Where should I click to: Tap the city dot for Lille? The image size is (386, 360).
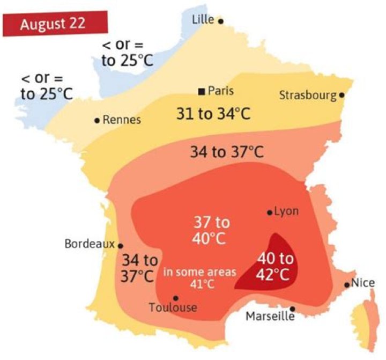click(220, 21)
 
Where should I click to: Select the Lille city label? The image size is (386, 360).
click(203, 20)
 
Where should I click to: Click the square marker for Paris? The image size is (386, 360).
click(201, 91)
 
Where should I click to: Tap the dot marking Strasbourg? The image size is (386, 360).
click(342, 95)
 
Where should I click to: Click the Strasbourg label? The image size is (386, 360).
click(308, 95)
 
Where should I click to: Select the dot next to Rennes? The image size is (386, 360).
click(97, 121)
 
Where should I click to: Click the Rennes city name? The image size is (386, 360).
click(122, 120)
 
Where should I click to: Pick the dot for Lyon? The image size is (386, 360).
click(270, 212)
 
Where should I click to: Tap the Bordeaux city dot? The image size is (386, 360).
click(121, 245)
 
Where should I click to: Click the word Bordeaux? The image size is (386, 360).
click(90, 244)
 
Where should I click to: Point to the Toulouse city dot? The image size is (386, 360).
click(175, 298)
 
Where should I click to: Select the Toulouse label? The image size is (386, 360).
click(173, 308)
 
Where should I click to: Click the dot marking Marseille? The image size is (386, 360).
click(293, 309)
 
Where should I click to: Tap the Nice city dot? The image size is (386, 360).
click(347, 285)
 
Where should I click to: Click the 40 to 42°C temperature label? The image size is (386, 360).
click(276, 266)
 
